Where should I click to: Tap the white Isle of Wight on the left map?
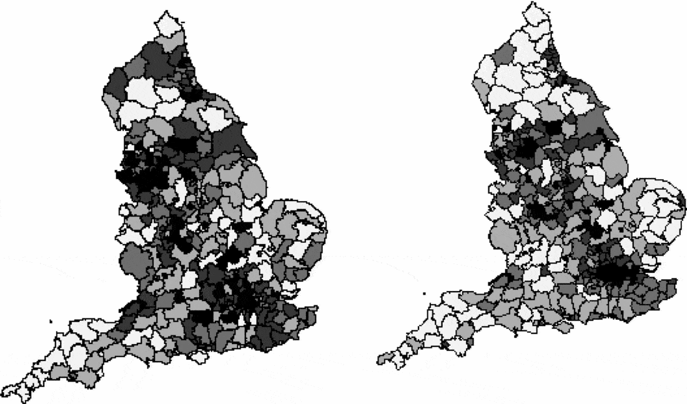point(200,357)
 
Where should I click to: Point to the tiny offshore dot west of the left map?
point(50,322)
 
